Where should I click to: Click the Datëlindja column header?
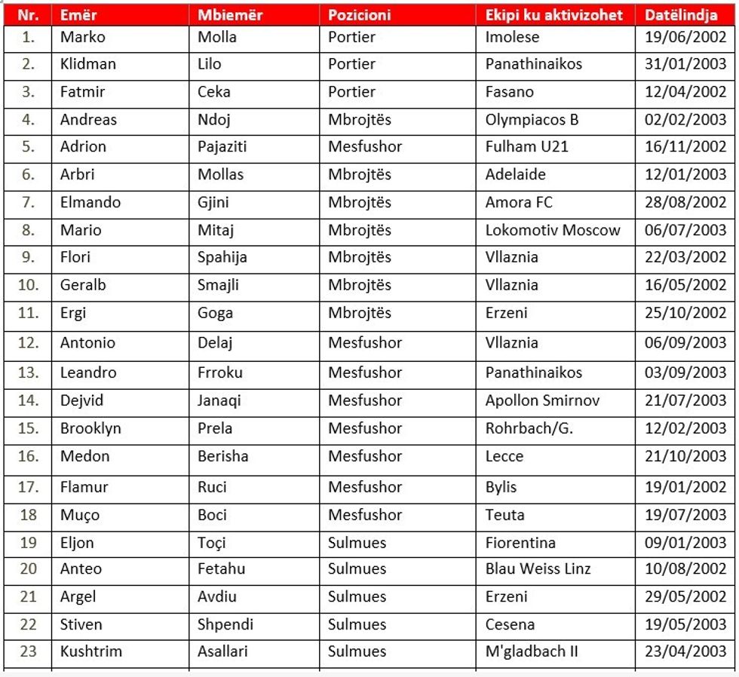(681, 15)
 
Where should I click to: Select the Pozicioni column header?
(360, 15)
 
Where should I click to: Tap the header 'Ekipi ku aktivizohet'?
(554, 15)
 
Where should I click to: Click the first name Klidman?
(88, 64)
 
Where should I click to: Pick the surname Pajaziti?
(222, 146)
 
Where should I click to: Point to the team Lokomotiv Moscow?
(553, 230)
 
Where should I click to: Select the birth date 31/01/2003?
(685, 64)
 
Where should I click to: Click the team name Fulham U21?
(527, 146)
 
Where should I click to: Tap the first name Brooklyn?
(90, 428)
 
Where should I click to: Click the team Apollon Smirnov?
(542, 400)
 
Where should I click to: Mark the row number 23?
(28, 651)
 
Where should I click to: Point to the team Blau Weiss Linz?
(538, 568)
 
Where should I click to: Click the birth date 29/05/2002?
(685, 596)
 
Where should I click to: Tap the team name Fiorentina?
(520, 543)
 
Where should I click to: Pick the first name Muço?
(80, 515)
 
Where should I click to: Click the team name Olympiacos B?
(532, 119)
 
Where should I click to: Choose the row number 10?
(28, 285)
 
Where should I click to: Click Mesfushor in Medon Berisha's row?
(365, 456)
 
